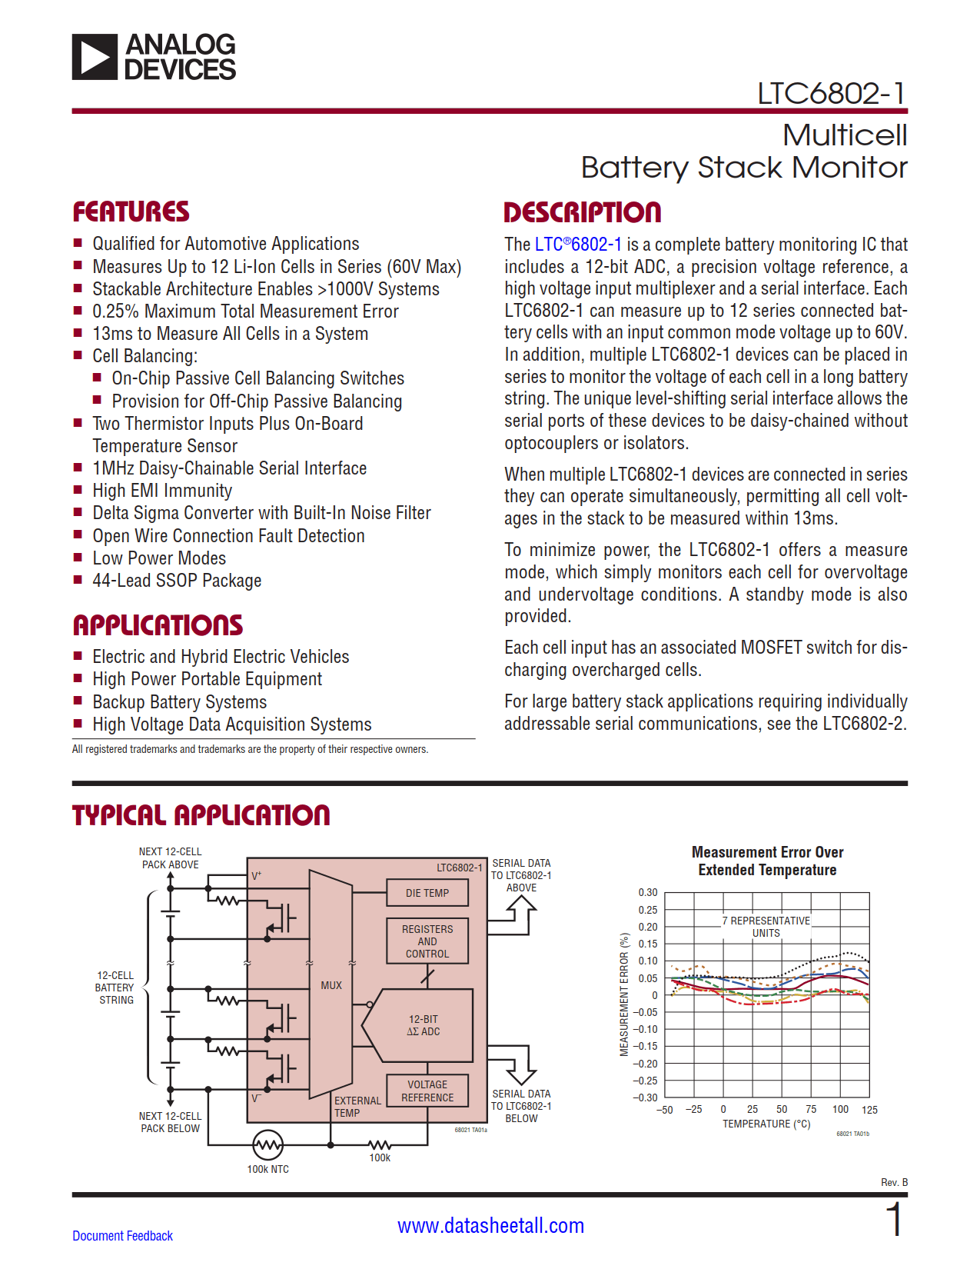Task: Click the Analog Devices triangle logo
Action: (95, 57)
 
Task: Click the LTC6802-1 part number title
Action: (831, 93)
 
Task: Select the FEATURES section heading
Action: (131, 211)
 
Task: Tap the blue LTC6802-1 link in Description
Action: (578, 245)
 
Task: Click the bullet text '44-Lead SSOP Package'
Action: (177, 581)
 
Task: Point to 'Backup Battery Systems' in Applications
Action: (179, 702)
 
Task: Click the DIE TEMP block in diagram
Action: (427, 893)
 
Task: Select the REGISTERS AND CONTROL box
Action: (427, 941)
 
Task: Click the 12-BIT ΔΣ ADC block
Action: (423, 1025)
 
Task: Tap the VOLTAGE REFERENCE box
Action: (427, 1091)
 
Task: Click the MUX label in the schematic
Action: (331, 985)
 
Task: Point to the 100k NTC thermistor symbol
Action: (267, 1145)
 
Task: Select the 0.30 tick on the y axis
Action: (648, 893)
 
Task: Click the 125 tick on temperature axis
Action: (869, 1110)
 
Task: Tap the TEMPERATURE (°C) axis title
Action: (766, 1124)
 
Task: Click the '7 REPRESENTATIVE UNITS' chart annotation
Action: (766, 927)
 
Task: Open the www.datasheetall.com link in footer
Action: (490, 1226)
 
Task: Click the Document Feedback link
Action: (122, 1236)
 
